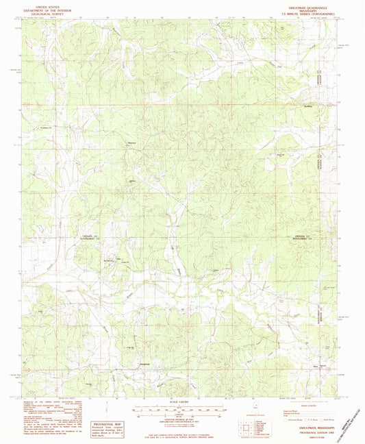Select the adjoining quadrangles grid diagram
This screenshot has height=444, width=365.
[x=255, y=428]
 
